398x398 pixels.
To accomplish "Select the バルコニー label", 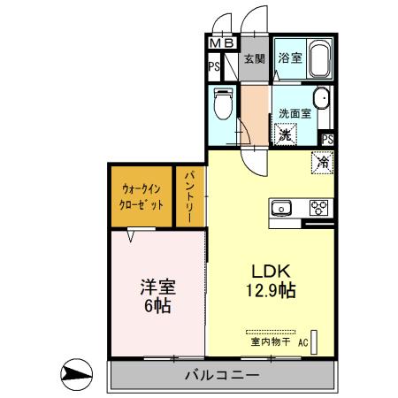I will (221, 376).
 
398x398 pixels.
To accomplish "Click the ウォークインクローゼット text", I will (142, 195).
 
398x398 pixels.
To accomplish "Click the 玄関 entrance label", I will (255, 61).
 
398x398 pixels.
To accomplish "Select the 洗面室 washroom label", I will (295, 113).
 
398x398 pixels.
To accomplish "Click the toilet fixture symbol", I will (224, 104).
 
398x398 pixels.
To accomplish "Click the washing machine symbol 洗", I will (286, 135).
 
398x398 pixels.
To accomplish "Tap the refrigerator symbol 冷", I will (323, 162).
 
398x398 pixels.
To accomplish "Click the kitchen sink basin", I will (282, 209).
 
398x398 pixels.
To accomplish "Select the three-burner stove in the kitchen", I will (318, 209).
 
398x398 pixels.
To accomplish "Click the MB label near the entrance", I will (221, 42).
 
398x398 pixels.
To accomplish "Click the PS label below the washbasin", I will (328, 139).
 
